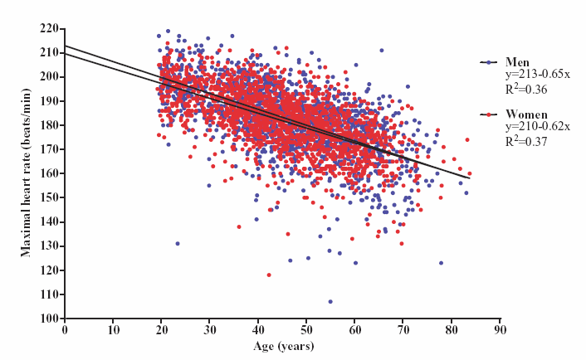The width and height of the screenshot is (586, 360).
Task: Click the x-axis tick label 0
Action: point(65,329)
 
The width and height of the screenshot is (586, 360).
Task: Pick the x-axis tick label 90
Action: point(499,329)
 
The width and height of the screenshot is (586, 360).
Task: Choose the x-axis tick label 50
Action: point(306,329)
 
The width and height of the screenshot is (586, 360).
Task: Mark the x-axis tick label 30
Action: point(209,329)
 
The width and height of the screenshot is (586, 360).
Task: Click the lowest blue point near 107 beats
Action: point(330,301)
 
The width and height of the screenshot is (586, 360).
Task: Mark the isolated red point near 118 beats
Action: point(269,275)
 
